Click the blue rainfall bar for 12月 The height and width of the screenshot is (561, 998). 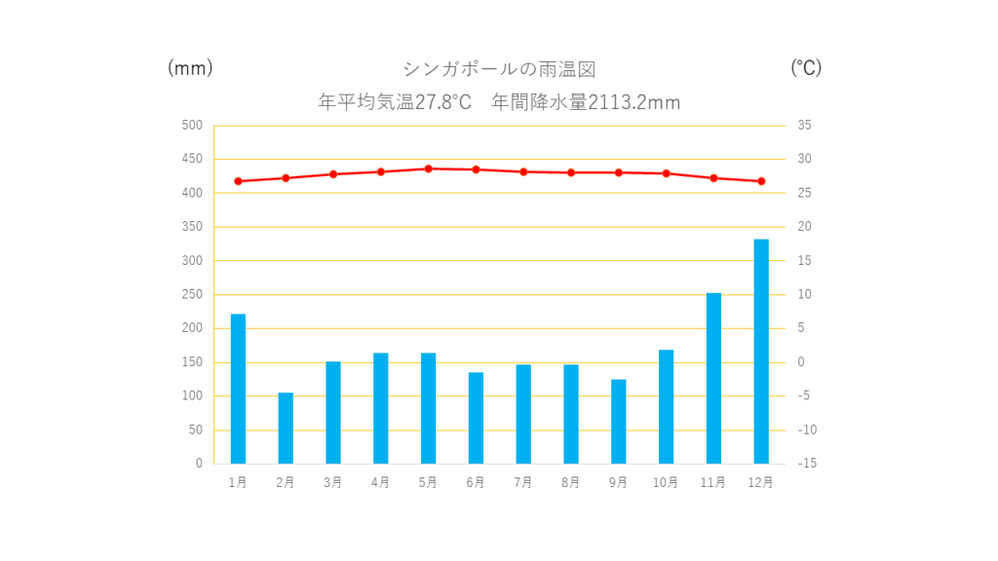pyautogui.click(x=761, y=351)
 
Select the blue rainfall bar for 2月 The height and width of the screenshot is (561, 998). pyautogui.click(x=286, y=428)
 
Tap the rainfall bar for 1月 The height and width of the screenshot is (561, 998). pyautogui.click(x=238, y=389)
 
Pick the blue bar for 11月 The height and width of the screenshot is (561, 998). pyautogui.click(x=713, y=378)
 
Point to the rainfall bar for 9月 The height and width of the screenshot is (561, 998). pyautogui.click(x=618, y=421)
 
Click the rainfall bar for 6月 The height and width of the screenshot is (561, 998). pyautogui.click(x=476, y=418)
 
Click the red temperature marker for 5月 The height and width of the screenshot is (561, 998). pyautogui.click(x=428, y=168)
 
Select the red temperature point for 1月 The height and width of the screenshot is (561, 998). pyautogui.click(x=238, y=181)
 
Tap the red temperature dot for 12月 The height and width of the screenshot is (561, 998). pyautogui.click(x=761, y=181)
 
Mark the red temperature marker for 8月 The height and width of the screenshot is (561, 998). pyautogui.click(x=571, y=172)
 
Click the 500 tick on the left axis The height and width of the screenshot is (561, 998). pyautogui.click(x=192, y=126)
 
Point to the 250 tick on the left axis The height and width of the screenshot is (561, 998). pyautogui.click(x=192, y=294)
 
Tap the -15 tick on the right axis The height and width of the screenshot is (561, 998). pyautogui.click(x=805, y=464)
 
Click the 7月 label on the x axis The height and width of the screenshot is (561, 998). pyautogui.click(x=523, y=482)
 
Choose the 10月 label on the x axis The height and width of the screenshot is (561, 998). pyautogui.click(x=666, y=482)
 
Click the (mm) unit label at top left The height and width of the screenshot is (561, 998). pyautogui.click(x=190, y=68)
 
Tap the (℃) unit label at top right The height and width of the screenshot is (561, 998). pyautogui.click(x=806, y=68)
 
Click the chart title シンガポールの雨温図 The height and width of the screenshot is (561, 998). pyautogui.click(x=499, y=69)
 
